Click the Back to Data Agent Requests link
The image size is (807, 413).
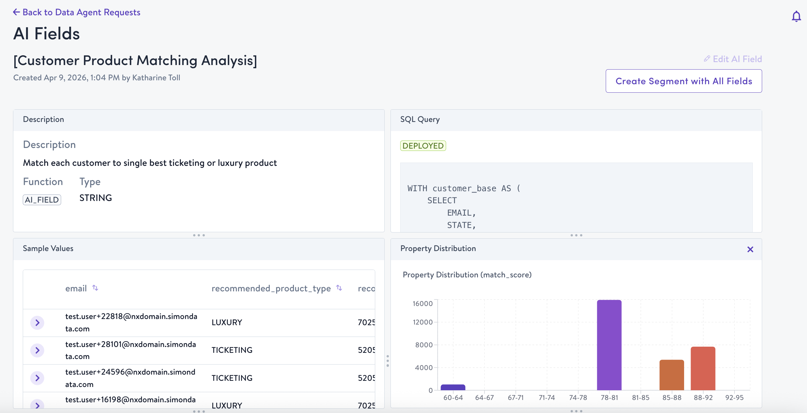click(x=77, y=12)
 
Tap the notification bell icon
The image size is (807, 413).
click(x=796, y=16)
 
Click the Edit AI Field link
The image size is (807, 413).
click(x=733, y=59)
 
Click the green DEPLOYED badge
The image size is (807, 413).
click(x=423, y=146)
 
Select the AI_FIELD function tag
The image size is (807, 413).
click(x=42, y=200)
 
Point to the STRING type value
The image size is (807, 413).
click(x=96, y=198)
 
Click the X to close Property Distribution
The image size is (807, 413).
click(x=750, y=249)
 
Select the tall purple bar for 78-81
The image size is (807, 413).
click(x=609, y=345)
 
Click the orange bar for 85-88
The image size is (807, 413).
click(x=671, y=375)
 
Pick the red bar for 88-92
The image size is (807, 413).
click(x=703, y=368)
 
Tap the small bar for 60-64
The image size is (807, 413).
click(x=453, y=387)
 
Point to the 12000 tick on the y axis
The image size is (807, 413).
click(x=423, y=322)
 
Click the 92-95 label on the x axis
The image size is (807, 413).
click(x=734, y=397)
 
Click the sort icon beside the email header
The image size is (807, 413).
click(x=95, y=288)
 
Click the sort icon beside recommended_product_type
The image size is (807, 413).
click(x=339, y=288)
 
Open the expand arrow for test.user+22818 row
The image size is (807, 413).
click(x=37, y=323)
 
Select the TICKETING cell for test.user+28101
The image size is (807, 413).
click(x=232, y=350)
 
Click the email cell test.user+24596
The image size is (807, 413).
click(x=130, y=378)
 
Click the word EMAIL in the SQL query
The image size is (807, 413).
click(x=459, y=213)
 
